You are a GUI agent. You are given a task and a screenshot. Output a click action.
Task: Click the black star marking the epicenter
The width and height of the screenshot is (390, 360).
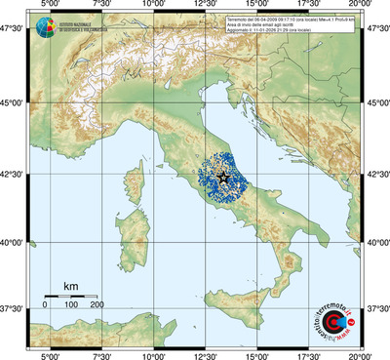point(223,177)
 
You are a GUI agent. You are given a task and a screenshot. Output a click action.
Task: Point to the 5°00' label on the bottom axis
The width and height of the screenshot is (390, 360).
point(49,353)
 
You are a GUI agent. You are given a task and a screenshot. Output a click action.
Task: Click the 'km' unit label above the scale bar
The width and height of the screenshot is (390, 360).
point(70,286)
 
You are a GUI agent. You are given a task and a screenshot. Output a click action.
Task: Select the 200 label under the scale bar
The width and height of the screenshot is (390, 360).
point(97,306)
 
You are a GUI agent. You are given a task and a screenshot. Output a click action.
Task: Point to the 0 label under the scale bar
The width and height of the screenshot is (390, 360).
point(45,306)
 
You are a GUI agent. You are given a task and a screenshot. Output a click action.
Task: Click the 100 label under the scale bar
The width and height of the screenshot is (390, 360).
point(71,306)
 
